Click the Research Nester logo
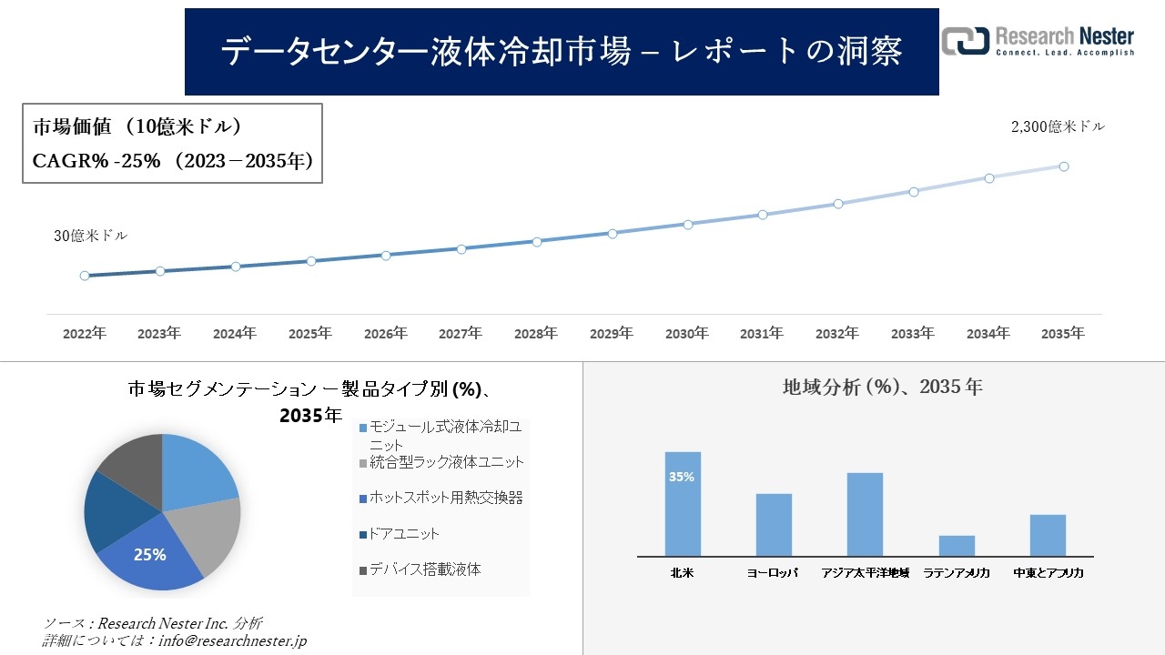1038,42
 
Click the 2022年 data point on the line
85,276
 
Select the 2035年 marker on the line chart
1063,166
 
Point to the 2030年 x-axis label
686,334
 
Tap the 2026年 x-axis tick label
385,334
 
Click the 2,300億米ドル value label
1058,127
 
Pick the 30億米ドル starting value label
90,236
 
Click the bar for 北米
683,504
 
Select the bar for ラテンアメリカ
957,546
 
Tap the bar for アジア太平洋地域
865,514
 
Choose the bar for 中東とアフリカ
1048,535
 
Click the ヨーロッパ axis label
773,573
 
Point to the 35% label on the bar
682,477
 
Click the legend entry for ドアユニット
404,534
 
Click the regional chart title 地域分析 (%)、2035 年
882,387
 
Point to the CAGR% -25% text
96,161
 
